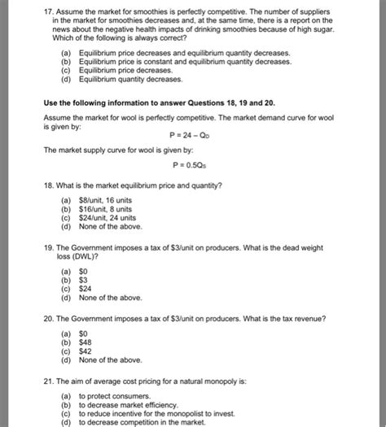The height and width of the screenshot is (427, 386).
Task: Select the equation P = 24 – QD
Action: [x=193, y=136]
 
